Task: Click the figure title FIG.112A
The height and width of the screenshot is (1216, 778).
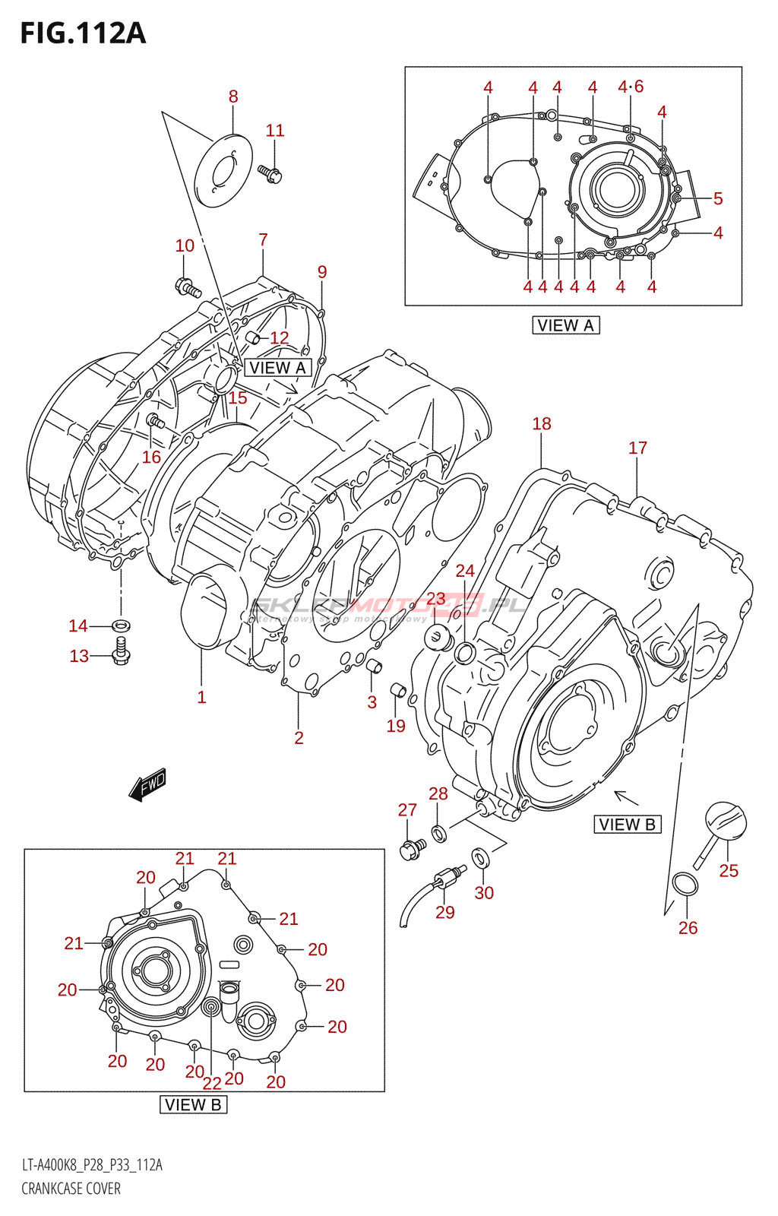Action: [82, 33]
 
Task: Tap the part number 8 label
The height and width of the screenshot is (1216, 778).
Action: [233, 97]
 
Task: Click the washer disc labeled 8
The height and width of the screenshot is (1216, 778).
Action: [223, 169]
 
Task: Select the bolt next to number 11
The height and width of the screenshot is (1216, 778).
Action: [270, 174]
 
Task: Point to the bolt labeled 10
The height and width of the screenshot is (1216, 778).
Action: [187, 288]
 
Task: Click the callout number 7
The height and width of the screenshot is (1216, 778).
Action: [263, 240]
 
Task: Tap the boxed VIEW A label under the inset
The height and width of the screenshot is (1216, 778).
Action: [566, 325]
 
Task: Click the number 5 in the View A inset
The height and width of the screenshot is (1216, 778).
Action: [718, 199]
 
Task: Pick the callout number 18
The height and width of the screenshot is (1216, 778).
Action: [542, 424]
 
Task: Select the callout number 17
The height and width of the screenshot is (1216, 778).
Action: [637, 448]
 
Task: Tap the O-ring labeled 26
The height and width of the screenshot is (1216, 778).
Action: [685, 885]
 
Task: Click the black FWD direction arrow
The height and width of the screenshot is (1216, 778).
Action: [147, 785]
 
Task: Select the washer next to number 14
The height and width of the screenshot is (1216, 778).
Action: [120, 625]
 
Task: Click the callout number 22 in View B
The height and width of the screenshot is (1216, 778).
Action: [212, 1083]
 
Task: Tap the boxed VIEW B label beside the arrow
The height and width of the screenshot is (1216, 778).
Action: [628, 825]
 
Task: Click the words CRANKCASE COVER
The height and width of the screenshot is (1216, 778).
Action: [71, 1189]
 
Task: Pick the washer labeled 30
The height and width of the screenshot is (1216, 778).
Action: [480, 858]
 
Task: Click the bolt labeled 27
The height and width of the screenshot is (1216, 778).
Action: [411, 849]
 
